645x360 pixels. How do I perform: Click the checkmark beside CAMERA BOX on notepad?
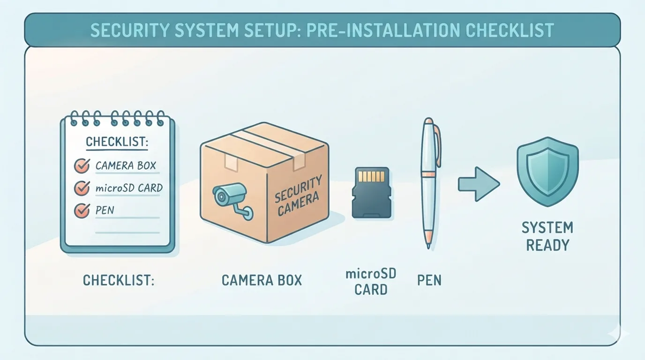(82, 165)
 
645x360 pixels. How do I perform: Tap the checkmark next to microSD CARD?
(82, 188)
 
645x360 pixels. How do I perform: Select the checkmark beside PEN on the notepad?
(82, 210)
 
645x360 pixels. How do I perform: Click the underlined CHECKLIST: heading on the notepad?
(117, 142)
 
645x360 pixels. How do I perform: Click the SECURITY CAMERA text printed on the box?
(298, 196)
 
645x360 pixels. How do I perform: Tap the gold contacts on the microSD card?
(371, 176)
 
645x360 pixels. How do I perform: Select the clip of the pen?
(437, 146)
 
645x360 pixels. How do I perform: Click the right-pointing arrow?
(479, 184)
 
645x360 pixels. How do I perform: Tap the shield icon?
(547, 172)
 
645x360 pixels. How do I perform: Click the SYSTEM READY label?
(547, 236)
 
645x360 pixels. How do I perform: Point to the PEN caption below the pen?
(429, 280)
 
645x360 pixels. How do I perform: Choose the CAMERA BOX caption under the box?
(262, 280)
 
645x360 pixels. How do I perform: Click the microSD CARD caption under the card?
(371, 282)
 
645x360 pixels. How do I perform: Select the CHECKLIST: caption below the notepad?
(119, 280)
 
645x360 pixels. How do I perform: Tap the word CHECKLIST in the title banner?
(510, 30)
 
